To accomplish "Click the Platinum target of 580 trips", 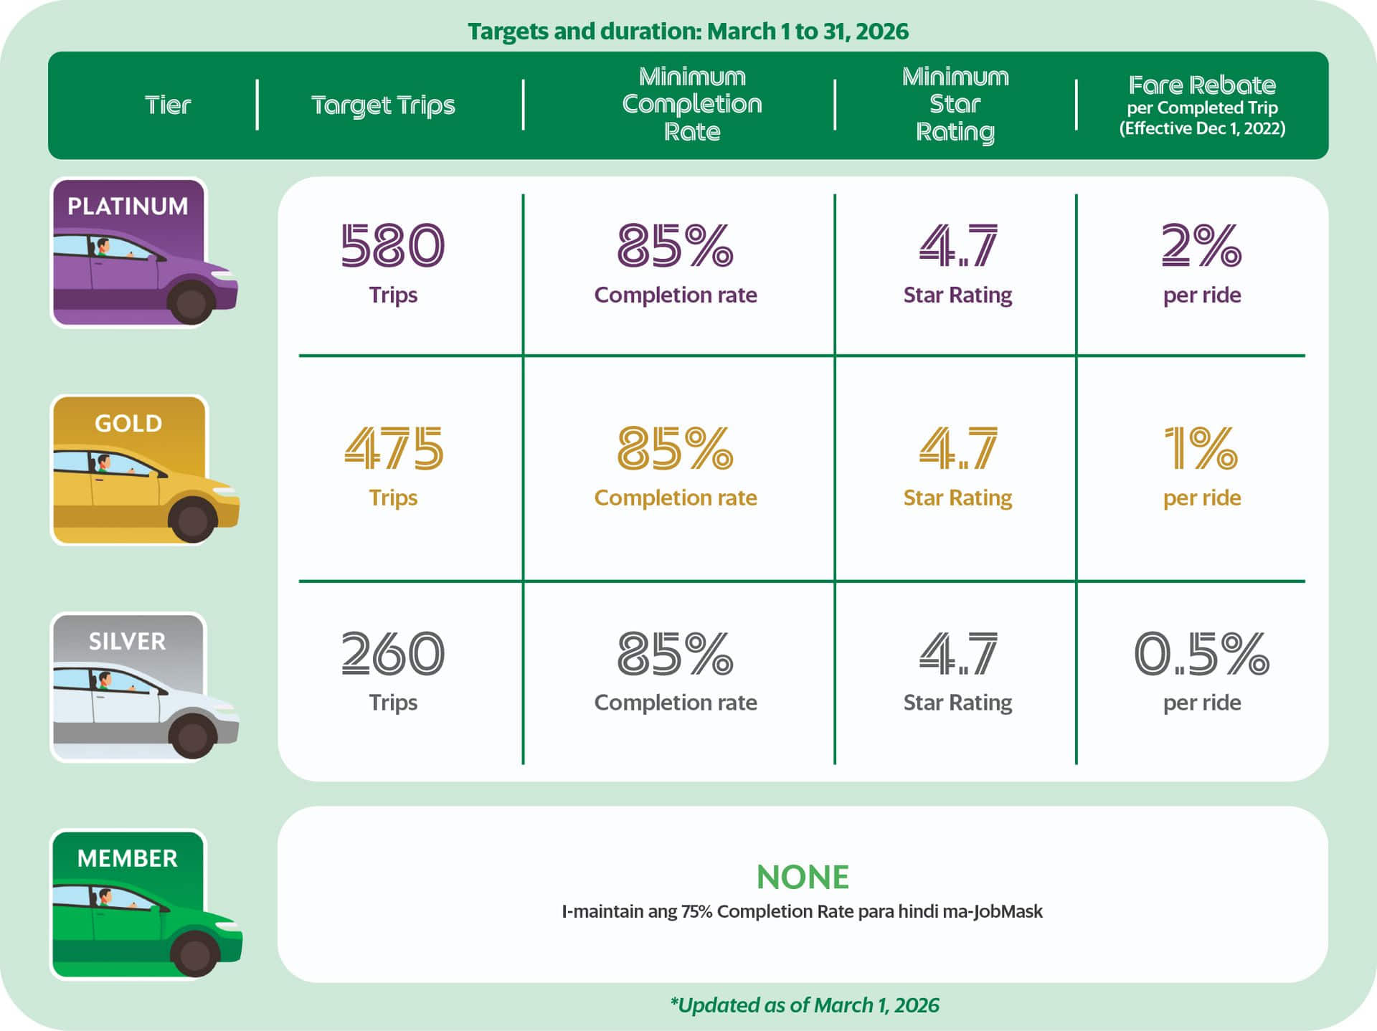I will pos(392,246).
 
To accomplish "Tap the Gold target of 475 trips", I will pos(394,449).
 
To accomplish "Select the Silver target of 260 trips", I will pos(392,653).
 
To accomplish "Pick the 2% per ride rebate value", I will pos(1201,246).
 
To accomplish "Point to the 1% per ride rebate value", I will pos(1201,449).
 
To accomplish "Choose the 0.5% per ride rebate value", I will pos(1201,653).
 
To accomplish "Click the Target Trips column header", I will pos(383,105).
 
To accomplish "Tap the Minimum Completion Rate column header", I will pos(692,104).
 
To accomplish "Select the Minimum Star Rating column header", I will pos(955,104).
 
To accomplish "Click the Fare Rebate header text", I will pos(1202,85).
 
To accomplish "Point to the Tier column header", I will pos(168,105).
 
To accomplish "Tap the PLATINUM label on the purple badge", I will pos(128,206).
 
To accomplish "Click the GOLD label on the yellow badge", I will pos(128,424).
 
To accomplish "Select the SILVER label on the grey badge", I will pos(127,641).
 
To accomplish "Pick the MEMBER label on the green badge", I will pos(127,858).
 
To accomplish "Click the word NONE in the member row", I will pos(803,877).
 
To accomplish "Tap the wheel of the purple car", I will pos(191,303).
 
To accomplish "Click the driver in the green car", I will pos(105,898).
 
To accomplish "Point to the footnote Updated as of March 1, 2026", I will pos(804,1005).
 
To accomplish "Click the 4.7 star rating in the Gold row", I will pos(958,449).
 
